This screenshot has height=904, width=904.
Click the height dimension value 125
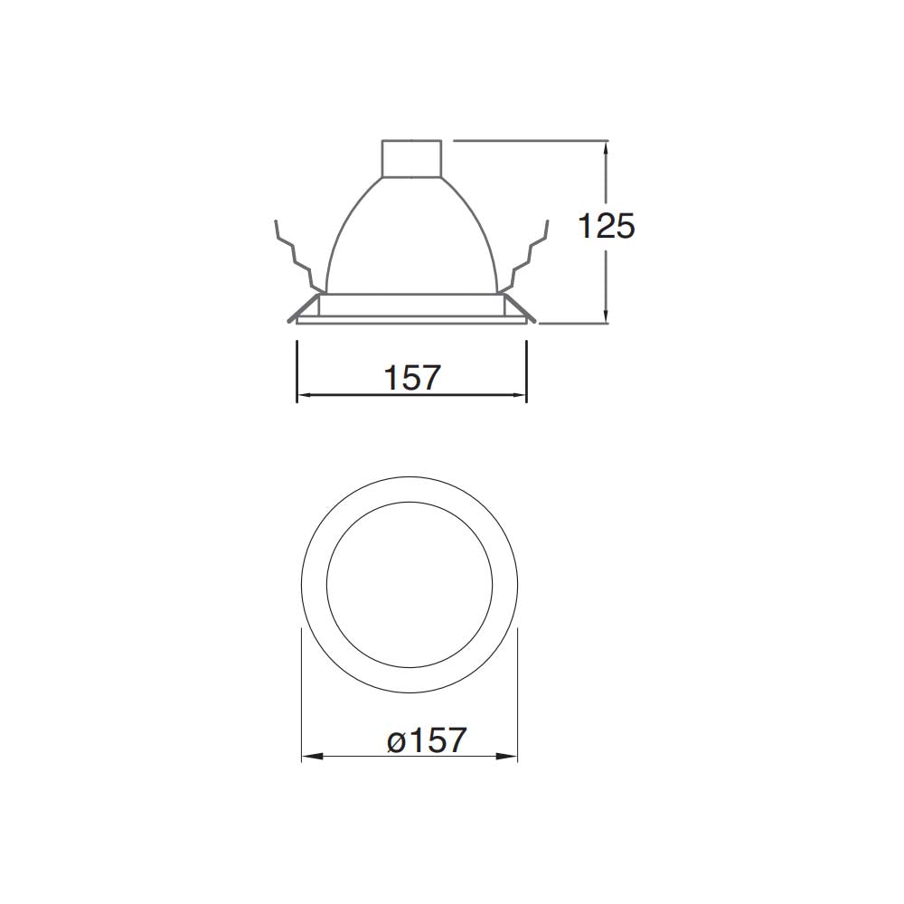(x=607, y=226)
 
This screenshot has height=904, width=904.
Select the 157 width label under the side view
(x=412, y=377)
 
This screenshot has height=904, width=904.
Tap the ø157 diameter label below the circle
(x=427, y=740)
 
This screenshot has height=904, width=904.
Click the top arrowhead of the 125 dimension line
(x=606, y=146)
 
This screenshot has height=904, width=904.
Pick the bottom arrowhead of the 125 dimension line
(x=606, y=315)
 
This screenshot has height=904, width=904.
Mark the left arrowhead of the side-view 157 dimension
(x=303, y=395)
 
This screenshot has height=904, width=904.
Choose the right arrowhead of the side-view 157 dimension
(x=521, y=395)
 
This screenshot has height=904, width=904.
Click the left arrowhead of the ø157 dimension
(x=307, y=757)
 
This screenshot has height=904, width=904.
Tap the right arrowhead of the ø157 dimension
(x=512, y=757)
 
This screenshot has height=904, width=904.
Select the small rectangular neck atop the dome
(x=412, y=158)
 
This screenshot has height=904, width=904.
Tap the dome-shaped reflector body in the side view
(x=412, y=240)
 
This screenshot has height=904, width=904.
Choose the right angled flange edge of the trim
(x=521, y=307)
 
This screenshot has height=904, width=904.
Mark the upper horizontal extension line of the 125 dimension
(x=529, y=140)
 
